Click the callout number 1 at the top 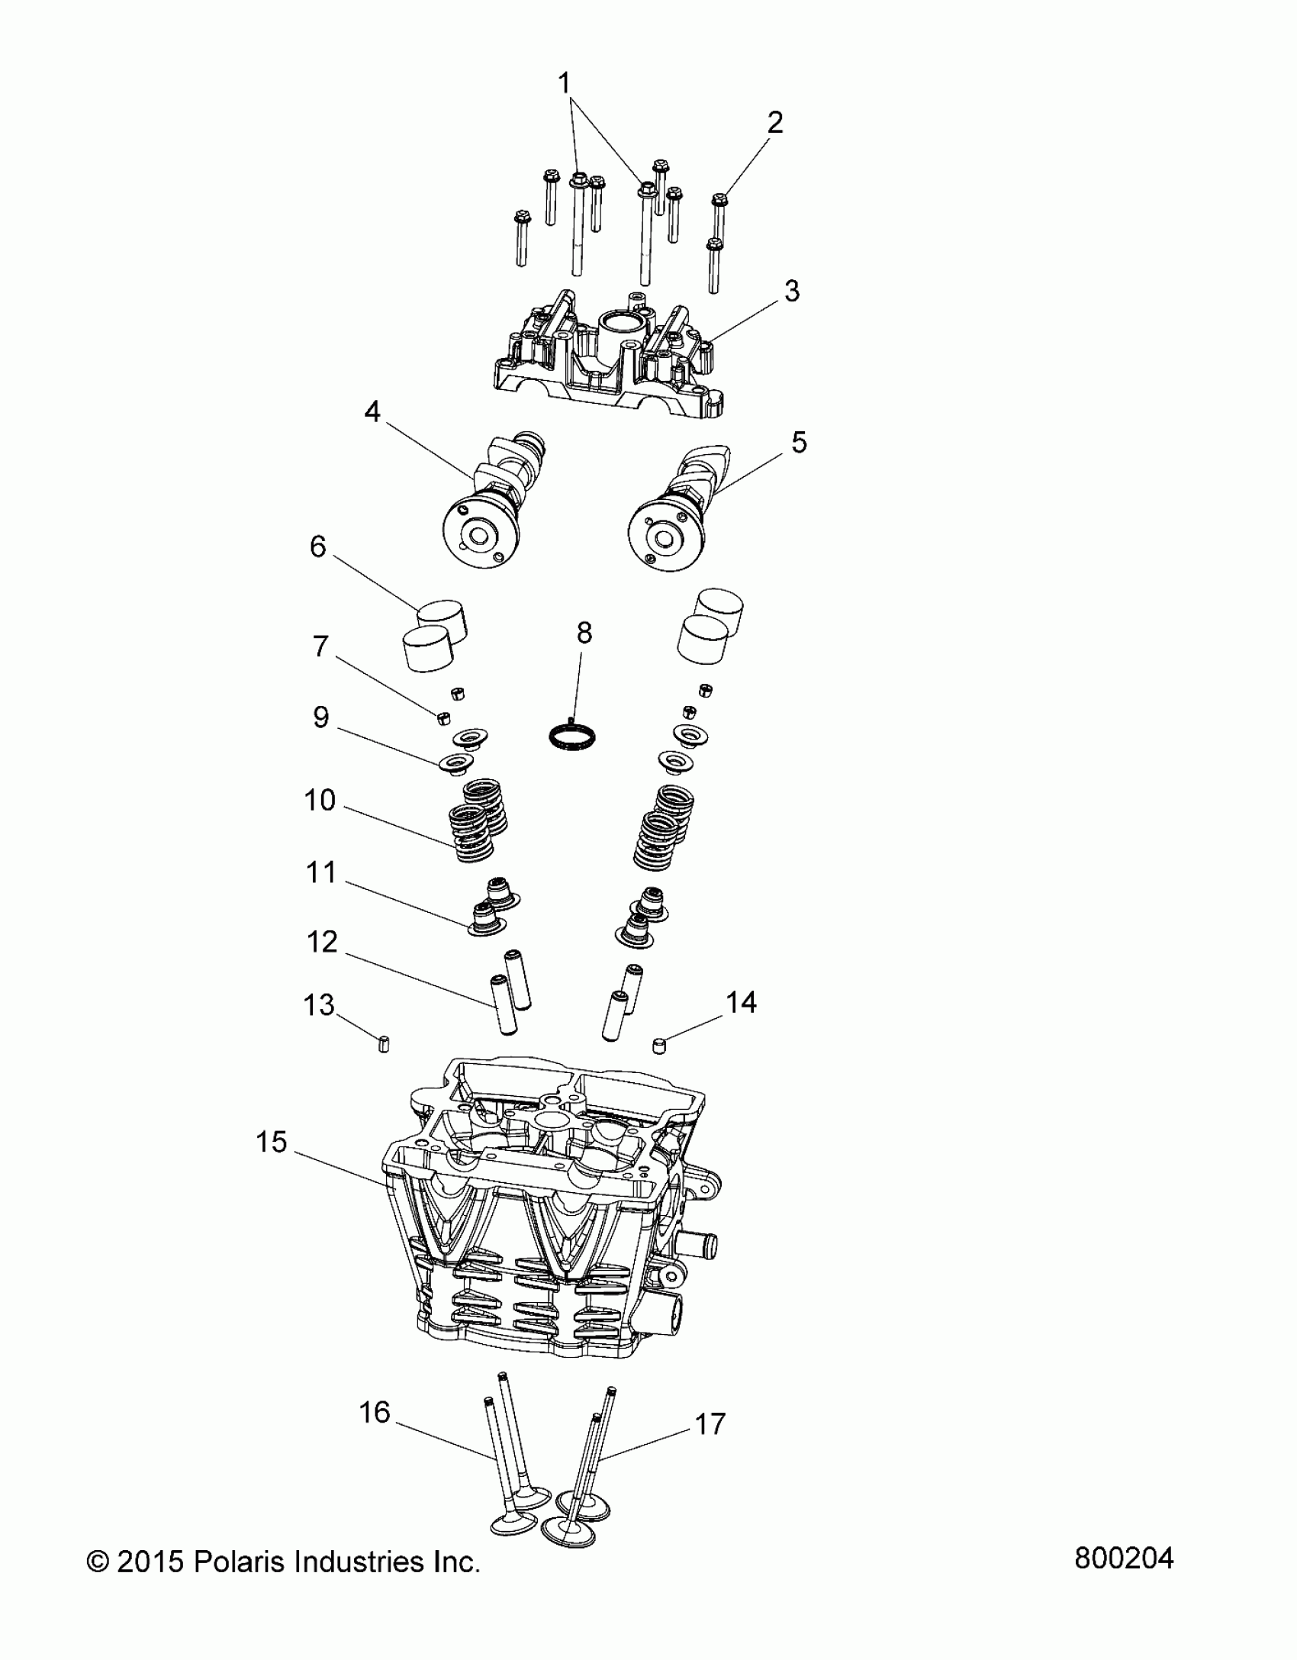coord(565,82)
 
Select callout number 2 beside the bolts coord(774,122)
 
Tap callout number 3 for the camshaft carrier coord(792,291)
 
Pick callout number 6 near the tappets coord(317,546)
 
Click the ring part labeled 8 coord(572,737)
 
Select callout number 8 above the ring coord(584,633)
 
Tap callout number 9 coord(320,717)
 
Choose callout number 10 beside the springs coord(320,800)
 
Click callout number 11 coord(320,872)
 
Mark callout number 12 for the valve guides coord(322,943)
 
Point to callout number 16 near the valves coord(375,1413)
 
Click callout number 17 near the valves coord(710,1423)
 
